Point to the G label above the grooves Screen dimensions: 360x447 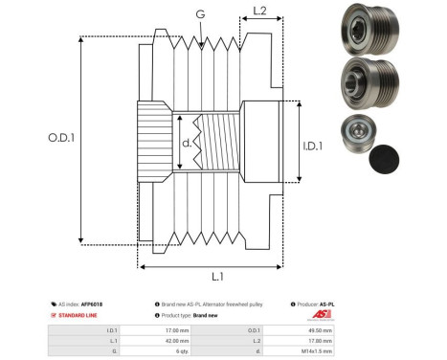[199, 14]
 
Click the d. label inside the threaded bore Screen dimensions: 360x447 [187, 145]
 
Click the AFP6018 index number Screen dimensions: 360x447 [92, 304]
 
